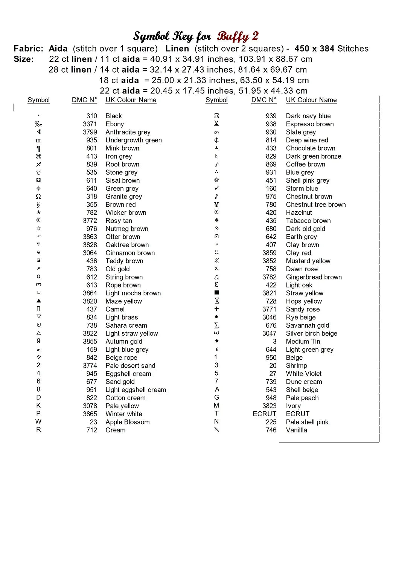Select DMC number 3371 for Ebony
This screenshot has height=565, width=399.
pyautogui.click(x=90, y=124)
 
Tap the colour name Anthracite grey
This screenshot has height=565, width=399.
pyautogui.click(x=128, y=132)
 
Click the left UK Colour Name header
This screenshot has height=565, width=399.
pyautogui.click(x=131, y=100)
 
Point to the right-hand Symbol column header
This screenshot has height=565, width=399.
pyautogui.click(x=216, y=100)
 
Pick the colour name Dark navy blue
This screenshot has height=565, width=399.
pyautogui.click(x=308, y=116)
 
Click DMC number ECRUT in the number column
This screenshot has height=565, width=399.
pyautogui.click(x=264, y=414)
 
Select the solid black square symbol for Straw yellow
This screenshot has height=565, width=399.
pyautogui.click(x=216, y=293)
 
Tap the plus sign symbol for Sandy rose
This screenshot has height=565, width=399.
pyautogui.click(x=216, y=309)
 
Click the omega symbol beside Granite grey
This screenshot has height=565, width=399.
pyautogui.click(x=38, y=197)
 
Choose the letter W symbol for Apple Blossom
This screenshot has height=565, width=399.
pyautogui.click(x=38, y=421)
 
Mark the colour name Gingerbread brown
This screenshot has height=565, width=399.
pyautogui.click(x=314, y=277)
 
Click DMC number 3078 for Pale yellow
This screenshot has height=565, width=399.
pyautogui.click(x=90, y=406)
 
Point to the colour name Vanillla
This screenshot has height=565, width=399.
pyautogui.click(x=296, y=430)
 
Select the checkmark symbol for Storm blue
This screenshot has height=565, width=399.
pyautogui.click(x=216, y=188)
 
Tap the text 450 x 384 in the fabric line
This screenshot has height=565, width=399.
pyautogui.click(x=314, y=49)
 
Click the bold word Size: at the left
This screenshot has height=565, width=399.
pyautogui.click(x=24, y=59)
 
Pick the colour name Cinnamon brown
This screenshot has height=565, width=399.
pyautogui.click(x=130, y=253)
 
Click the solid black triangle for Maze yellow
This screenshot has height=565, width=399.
pyautogui.click(x=38, y=301)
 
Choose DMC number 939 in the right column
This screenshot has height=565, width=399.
pyautogui.click(x=271, y=116)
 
